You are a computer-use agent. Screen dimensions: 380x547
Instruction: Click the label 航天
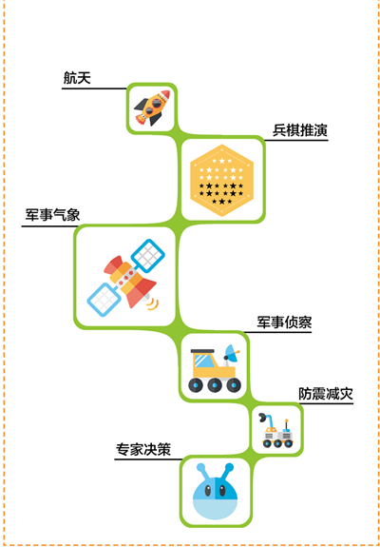click(77, 78)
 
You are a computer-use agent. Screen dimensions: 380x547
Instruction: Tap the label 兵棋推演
click(300, 130)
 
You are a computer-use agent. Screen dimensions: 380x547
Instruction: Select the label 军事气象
click(52, 215)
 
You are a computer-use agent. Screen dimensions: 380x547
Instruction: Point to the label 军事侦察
click(285, 322)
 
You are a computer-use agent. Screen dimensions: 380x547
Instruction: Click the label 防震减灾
click(326, 394)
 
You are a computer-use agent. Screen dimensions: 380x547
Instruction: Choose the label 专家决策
click(143, 449)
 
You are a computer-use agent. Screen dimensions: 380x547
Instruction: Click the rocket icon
click(152, 107)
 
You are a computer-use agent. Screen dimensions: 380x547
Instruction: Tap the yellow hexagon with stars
click(222, 181)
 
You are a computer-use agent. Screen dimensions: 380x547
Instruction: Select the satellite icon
click(125, 276)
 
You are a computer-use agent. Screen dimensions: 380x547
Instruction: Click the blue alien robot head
click(216, 491)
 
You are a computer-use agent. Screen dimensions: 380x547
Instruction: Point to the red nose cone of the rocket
click(165, 94)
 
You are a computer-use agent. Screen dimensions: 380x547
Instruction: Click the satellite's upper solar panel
click(149, 256)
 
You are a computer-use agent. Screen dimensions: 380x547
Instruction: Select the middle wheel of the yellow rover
click(215, 384)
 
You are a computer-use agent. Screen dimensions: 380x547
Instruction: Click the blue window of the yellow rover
click(205, 361)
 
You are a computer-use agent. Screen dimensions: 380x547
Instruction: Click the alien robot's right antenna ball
click(229, 467)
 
